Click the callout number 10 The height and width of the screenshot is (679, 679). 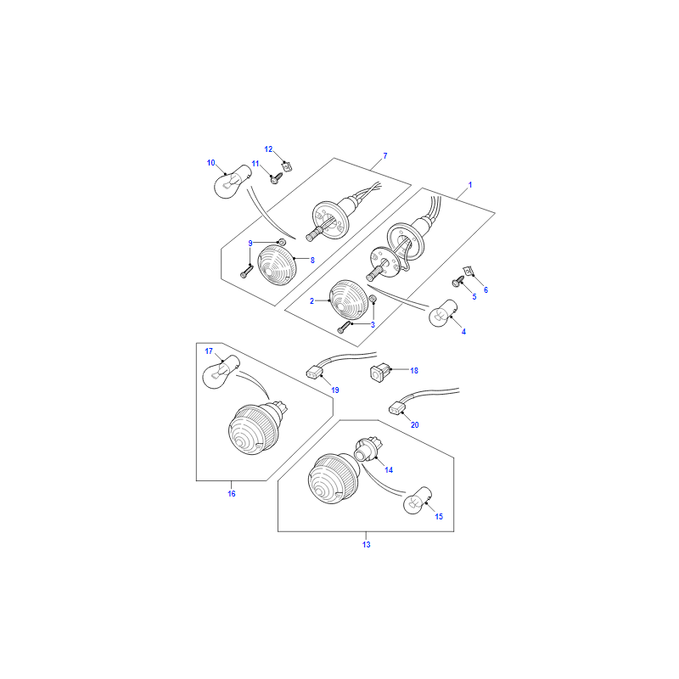(x=210, y=163)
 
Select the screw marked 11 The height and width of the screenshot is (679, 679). (x=275, y=178)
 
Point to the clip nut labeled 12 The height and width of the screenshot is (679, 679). (x=286, y=166)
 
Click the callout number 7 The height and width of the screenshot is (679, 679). (x=385, y=156)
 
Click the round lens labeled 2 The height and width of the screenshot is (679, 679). (x=348, y=300)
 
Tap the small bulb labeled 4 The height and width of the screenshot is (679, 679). (x=442, y=313)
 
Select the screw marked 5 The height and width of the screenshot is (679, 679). (x=458, y=282)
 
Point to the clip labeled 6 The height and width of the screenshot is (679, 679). (x=469, y=271)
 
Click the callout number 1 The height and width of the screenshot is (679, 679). (x=470, y=185)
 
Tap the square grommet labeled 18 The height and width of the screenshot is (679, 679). (x=379, y=373)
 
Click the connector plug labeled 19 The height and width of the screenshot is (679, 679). (x=313, y=372)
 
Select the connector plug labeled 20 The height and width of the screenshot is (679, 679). (x=397, y=407)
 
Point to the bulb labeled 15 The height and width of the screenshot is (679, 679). (x=418, y=501)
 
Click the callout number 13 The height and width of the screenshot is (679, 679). (x=367, y=545)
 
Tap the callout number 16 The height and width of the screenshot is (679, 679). (x=232, y=494)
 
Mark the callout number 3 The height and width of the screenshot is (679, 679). (x=373, y=325)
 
